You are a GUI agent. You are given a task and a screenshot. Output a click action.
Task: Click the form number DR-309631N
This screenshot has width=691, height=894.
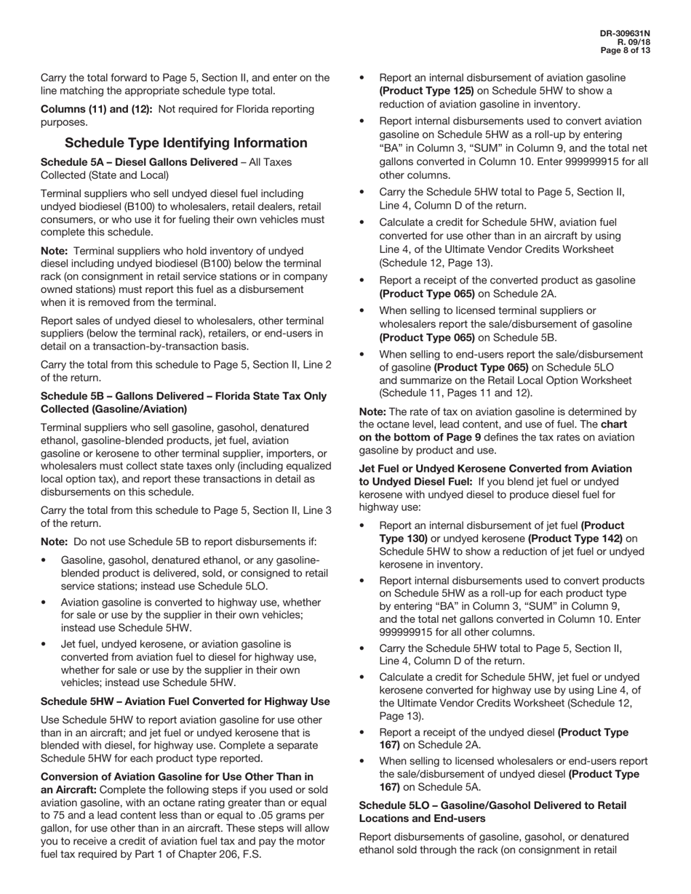625,33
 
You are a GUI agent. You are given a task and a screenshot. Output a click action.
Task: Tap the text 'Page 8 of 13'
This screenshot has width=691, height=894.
625,51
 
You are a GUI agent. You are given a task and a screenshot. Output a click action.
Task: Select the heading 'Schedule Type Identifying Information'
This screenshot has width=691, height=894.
185,143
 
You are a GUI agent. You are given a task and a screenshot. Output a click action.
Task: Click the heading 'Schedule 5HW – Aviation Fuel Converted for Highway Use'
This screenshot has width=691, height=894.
185,701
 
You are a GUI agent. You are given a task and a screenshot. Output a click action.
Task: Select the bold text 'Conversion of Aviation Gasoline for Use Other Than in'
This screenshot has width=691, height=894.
177,777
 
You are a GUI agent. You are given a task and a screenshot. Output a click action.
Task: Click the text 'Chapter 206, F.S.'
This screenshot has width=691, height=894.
218,854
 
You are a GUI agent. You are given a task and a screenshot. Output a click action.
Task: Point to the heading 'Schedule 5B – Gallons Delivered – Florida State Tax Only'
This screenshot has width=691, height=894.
183,396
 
